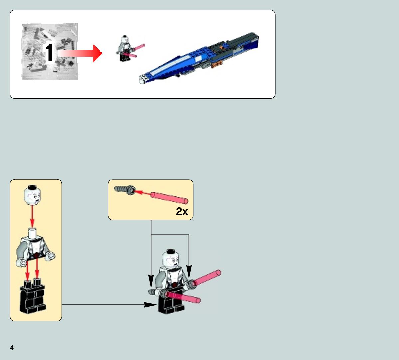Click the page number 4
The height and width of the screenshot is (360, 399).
pyautogui.click(x=12, y=348)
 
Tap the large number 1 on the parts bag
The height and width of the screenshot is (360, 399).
pyautogui.click(x=49, y=52)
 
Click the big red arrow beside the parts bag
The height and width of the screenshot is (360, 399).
pyautogui.click(x=80, y=53)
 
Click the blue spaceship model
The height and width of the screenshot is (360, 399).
pyautogui.click(x=198, y=58)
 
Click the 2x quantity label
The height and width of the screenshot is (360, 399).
pyautogui.click(x=182, y=211)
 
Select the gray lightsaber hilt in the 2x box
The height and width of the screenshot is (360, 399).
pyautogui.click(x=125, y=190)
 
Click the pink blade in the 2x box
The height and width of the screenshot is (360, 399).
pyautogui.click(x=169, y=198)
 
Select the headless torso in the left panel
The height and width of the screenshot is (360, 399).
pyautogui.click(x=35, y=248)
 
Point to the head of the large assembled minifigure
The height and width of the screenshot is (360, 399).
pyautogui.click(x=170, y=259)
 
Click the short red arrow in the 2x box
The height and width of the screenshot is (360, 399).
pyautogui.click(x=142, y=192)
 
